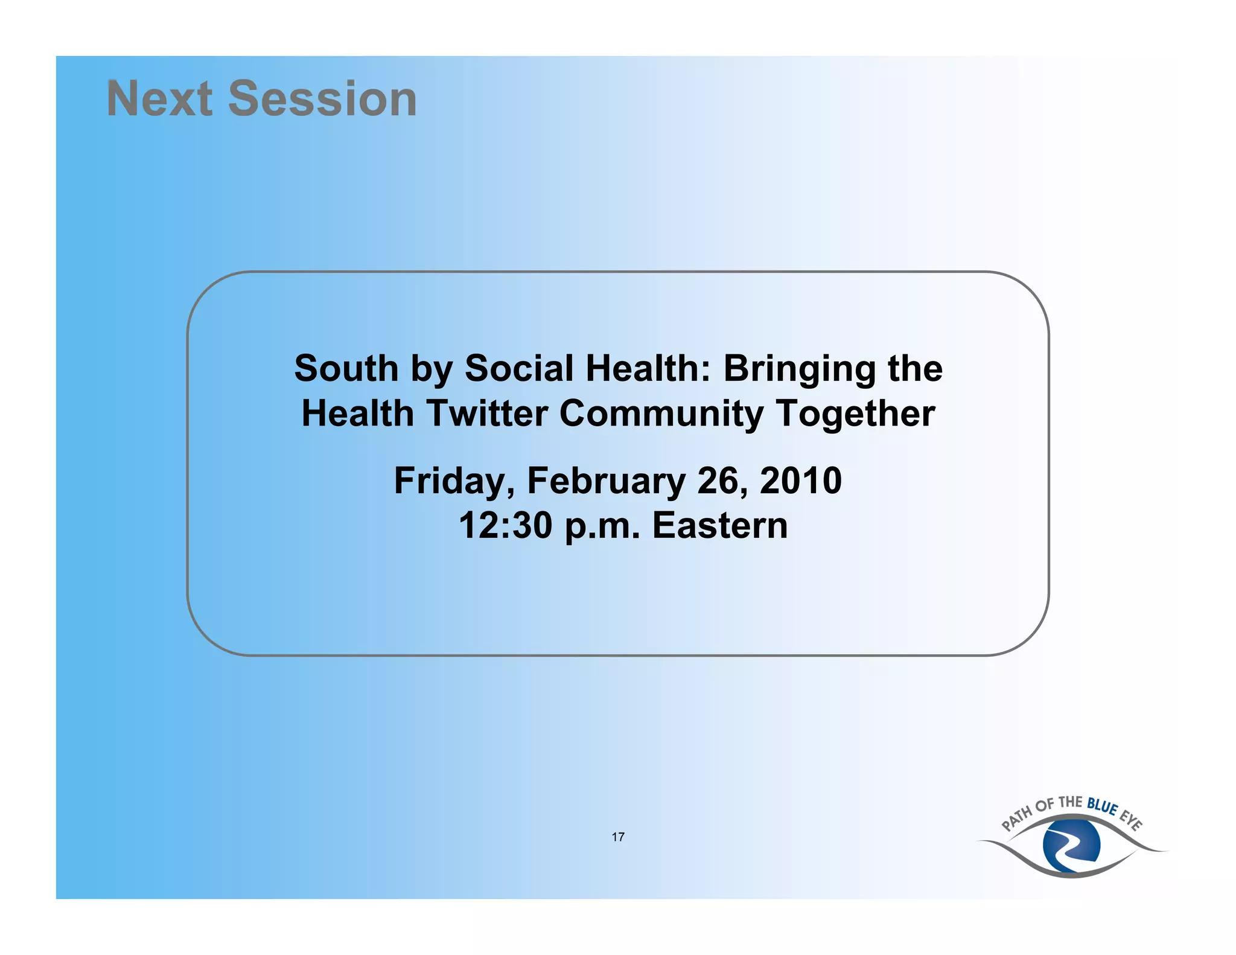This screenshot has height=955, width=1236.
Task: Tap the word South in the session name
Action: coord(346,368)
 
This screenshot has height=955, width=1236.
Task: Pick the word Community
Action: coord(661,414)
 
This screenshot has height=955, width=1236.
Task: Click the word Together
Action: coord(855,414)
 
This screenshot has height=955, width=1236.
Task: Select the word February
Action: coord(606,481)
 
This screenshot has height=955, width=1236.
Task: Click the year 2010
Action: coord(800,481)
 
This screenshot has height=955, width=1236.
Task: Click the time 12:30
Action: coord(505,526)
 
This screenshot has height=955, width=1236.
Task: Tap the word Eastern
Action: coord(720,526)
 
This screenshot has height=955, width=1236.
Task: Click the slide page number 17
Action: coord(618,837)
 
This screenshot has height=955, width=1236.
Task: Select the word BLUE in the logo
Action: coord(1102,806)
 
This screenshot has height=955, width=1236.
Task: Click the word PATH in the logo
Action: coord(1016,820)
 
